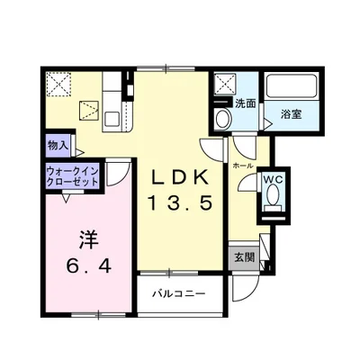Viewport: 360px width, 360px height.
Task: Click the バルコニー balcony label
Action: point(178,294)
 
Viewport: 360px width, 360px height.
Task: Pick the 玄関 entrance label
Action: point(244,257)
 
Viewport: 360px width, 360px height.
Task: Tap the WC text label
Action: point(272,179)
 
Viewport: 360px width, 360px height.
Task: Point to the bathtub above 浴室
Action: point(292,88)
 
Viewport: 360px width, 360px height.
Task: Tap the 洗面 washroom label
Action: point(245,103)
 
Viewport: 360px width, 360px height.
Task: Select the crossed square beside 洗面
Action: point(222,86)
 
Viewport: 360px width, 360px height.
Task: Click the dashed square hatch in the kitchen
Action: point(88,110)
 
